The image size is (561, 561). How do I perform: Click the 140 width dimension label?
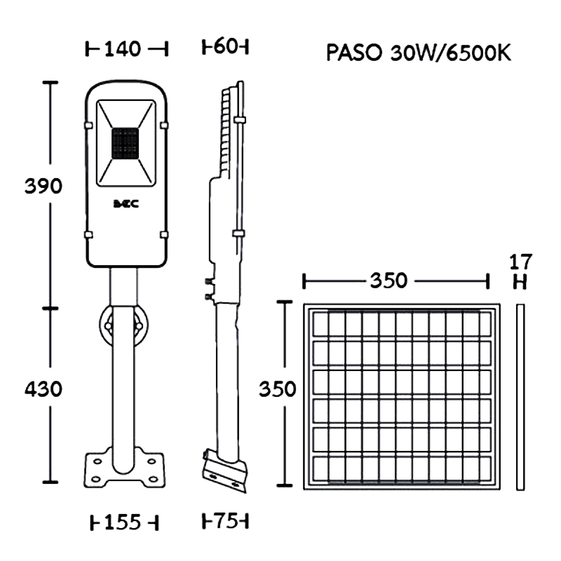tap(123, 49)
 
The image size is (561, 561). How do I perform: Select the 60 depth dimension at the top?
tap(225, 47)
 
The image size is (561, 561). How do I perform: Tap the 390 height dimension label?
tap(43, 186)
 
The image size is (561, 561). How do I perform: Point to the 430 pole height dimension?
tap(43, 389)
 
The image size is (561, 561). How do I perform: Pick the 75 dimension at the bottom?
tap(226, 521)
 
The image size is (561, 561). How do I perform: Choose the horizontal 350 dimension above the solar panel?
tap(388, 280)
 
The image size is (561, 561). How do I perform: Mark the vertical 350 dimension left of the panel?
tap(277, 389)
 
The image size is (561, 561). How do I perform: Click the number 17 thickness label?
tap(520, 262)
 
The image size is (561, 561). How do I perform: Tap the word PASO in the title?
tap(354, 53)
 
